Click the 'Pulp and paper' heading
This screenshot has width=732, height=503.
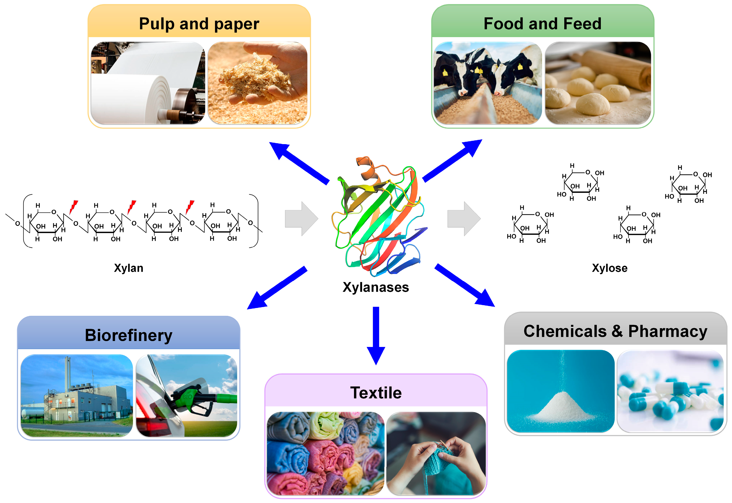coord(199,24)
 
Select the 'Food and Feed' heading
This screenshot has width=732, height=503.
coord(542,24)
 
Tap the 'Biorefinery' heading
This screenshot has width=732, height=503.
coord(129,335)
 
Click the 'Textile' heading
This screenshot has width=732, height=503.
coord(376,393)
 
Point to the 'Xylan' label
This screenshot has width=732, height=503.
coord(129,268)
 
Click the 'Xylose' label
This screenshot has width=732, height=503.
coord(609,268)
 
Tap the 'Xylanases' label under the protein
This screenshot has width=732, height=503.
coord(376,287)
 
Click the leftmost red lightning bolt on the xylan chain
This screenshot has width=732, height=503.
coord(73,207)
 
